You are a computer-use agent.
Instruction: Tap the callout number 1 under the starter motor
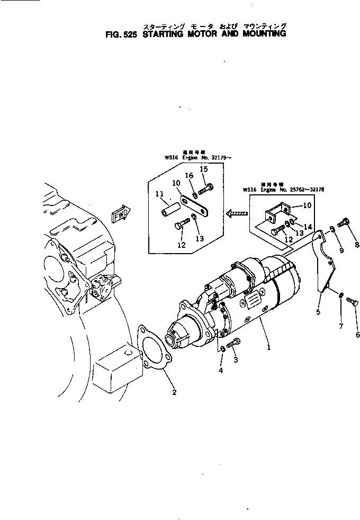click(x=269, y=348)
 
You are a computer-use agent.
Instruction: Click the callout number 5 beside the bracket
click(x=319, y=312)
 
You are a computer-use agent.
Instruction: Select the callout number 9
click(x=341, y=250)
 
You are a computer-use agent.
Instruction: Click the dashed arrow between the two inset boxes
click(x=237, y=213)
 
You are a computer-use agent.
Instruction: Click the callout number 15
click(x=204, y=169)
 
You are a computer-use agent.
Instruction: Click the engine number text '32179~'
click(x=212, y=157)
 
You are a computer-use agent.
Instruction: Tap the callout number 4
click(x=221, y=371)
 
